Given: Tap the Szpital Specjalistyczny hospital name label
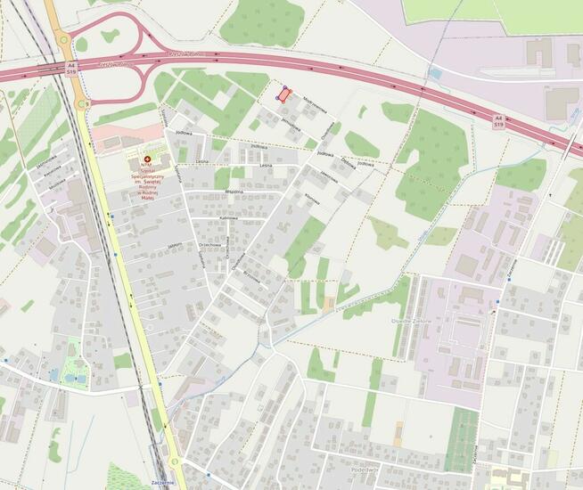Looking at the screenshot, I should tap(147, 179).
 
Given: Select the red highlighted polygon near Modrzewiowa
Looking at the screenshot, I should tap(283, 94).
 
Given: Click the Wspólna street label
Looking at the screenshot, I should tap(235, 191).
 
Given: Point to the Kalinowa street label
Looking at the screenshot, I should tap(228, 217).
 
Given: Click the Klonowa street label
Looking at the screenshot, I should tap(311, 200).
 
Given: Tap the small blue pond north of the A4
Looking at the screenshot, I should tap(434, 72).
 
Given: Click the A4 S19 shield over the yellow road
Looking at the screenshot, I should tap(70, 69).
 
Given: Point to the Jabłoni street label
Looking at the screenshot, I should tap(174, 245).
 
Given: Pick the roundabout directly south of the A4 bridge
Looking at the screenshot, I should tap(82, 104).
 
